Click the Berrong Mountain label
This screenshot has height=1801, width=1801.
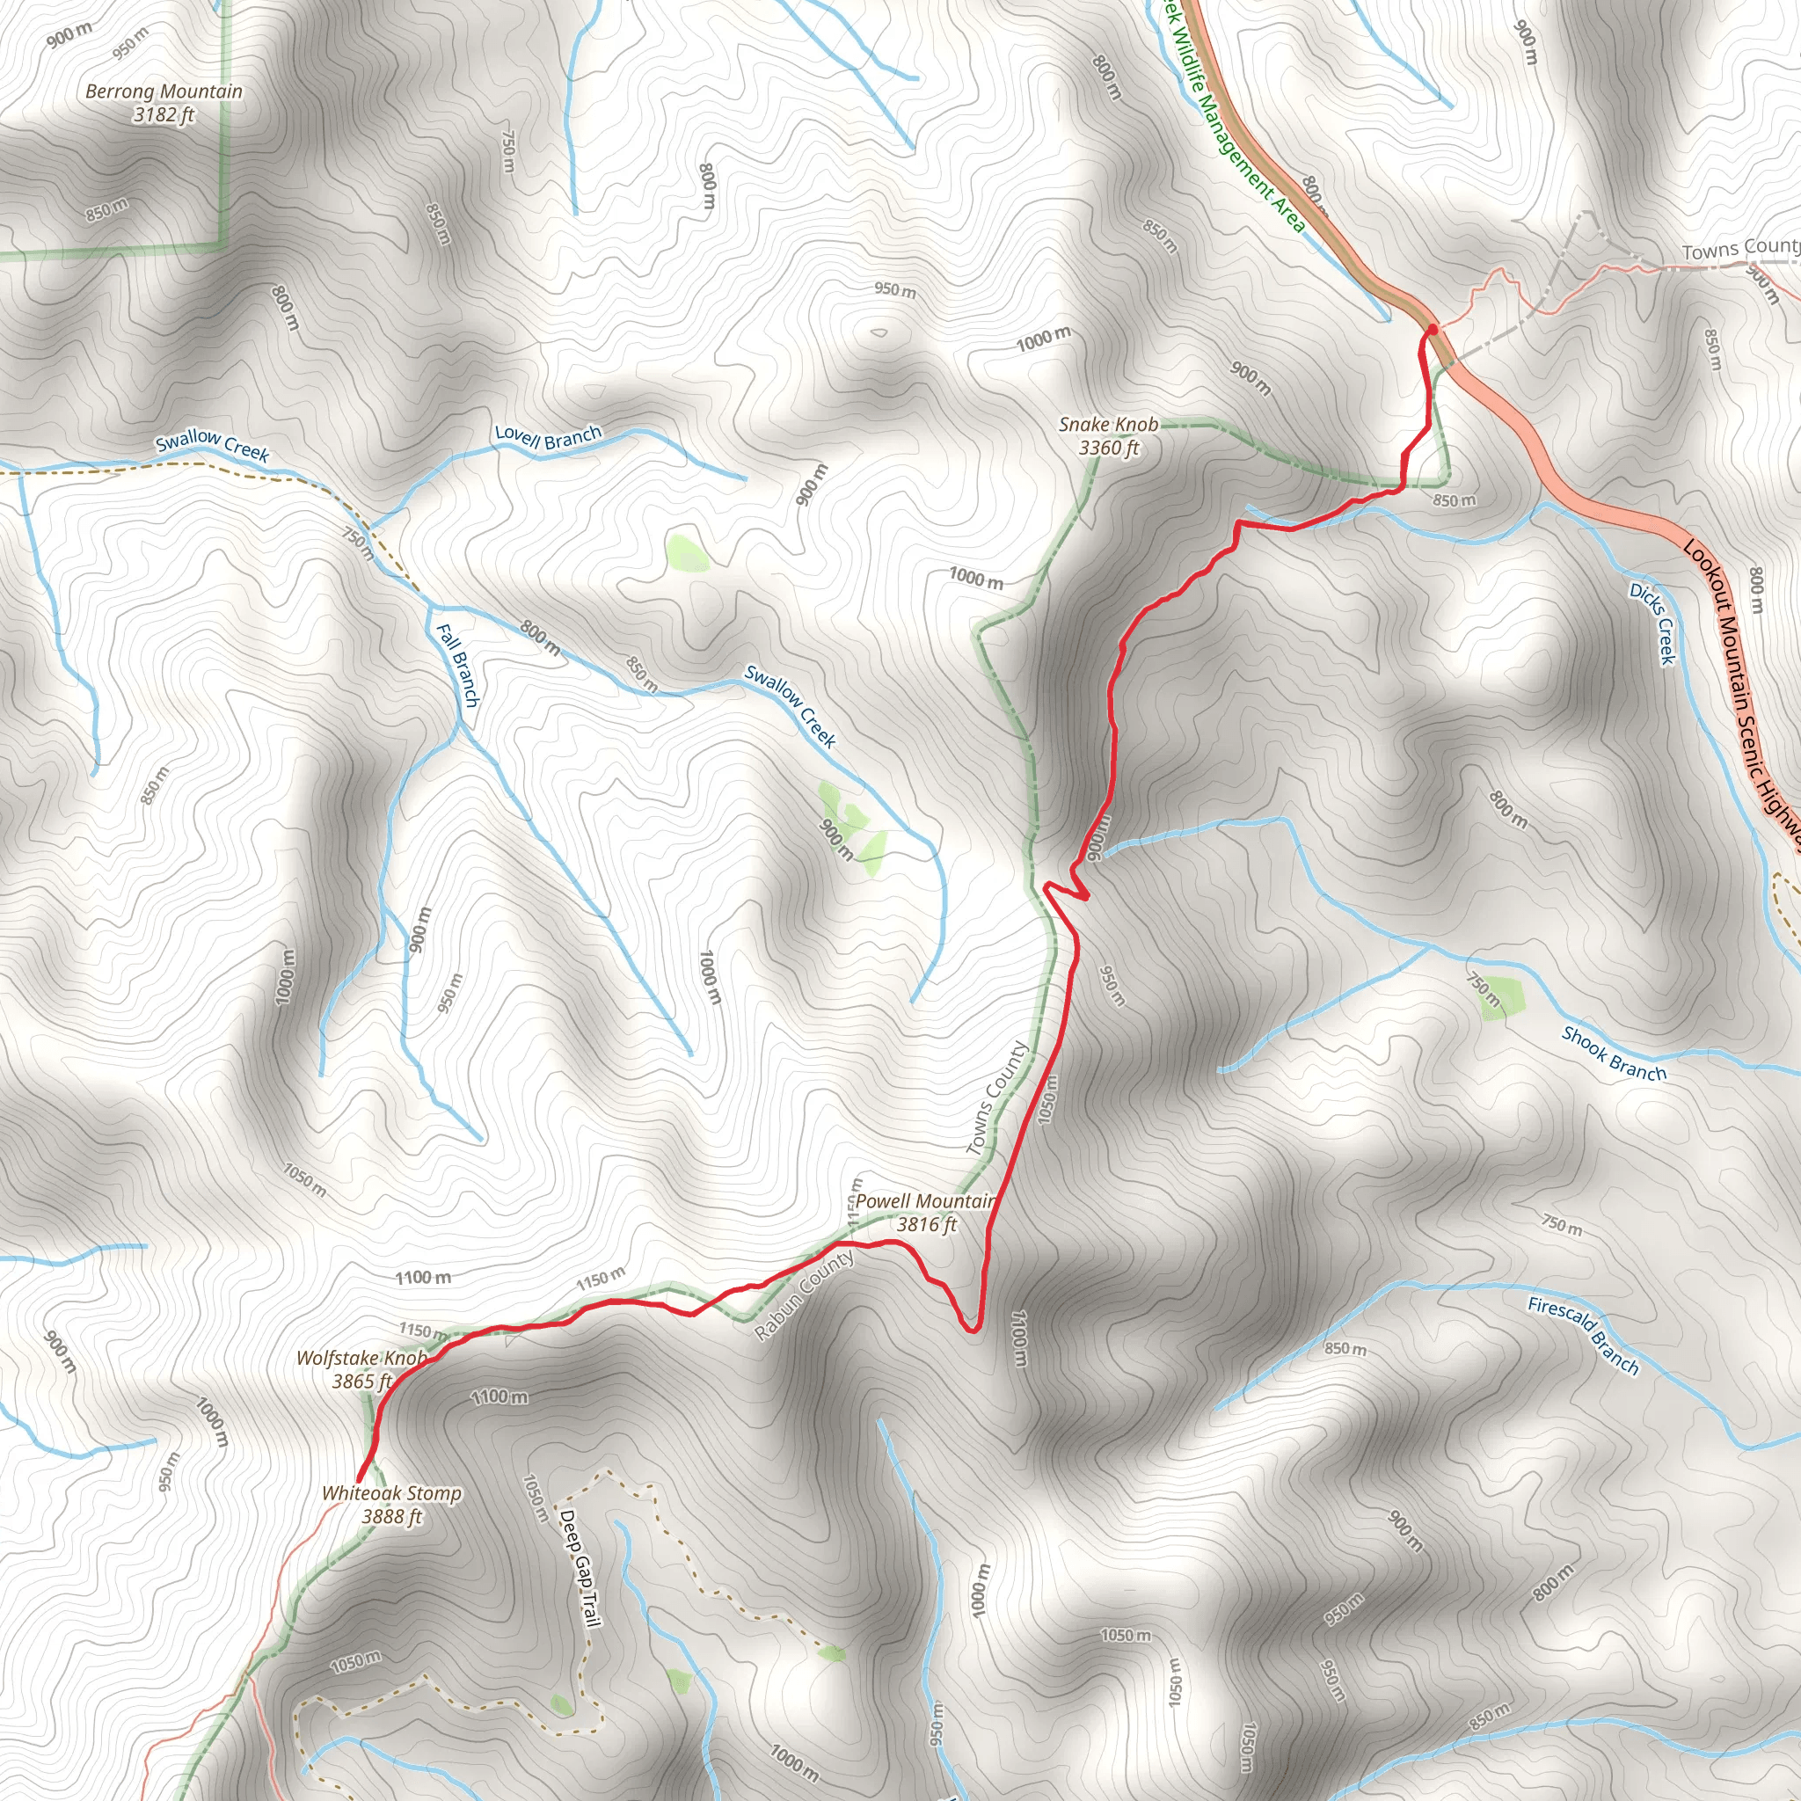tap(164, 91)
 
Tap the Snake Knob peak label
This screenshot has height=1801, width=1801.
tap(1108, 425)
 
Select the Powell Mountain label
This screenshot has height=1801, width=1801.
tap(925, 1201)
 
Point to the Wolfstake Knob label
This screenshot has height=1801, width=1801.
tap(361, 1358)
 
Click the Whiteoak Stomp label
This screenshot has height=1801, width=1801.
tap(391, 1493)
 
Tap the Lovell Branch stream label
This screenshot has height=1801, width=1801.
tap(548, 436)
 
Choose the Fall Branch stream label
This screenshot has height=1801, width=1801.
tap(457, 665)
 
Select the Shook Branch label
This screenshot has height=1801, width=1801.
tap(1614, 1054)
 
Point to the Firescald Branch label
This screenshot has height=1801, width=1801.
tap(1583, 1335)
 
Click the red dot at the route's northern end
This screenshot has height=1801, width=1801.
tap(1432, 328)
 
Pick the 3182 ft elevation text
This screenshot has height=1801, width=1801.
tap(164, 114)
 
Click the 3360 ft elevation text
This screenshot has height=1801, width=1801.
tap(1108, 448)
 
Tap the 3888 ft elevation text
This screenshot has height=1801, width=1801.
tap(391, 1517)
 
